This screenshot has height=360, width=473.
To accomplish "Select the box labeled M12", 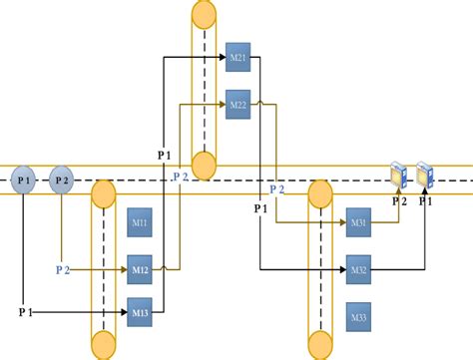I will point(140,269).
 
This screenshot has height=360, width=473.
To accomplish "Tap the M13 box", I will point(140,313).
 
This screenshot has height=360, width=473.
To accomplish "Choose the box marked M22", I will point(237,104).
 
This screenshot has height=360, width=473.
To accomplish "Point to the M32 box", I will point(359,269).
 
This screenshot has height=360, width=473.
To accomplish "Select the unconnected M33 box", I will point(359,317).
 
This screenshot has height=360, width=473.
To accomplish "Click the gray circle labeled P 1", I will point(24,180).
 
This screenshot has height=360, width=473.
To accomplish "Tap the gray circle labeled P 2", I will point(62,180).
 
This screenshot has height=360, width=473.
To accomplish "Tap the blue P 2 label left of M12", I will point(63,269).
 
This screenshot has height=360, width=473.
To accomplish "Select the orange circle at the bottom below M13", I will point(104,347).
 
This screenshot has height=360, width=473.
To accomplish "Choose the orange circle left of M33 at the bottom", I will point(320,347).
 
